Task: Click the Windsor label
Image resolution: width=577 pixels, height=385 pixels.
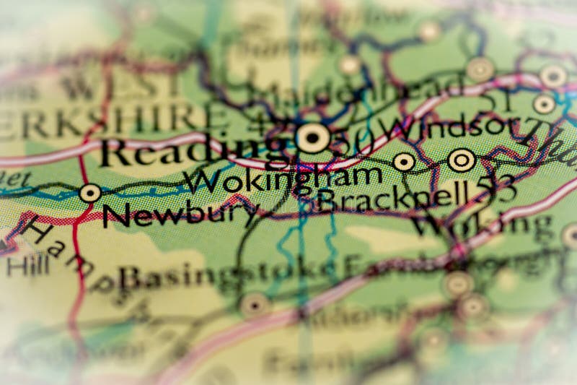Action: click(x=448, y=129)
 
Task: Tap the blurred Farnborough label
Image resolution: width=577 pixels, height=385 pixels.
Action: click(x=433, y=264)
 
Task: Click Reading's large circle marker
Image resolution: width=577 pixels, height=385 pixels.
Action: click(x=313, y=137)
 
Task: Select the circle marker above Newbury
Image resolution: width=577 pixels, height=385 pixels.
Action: click(x=90, y=193)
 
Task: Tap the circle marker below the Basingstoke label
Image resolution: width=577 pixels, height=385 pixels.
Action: click(x=255, y=305)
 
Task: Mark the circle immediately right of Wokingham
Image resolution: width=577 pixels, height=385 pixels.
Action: click(x=404, y=163)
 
